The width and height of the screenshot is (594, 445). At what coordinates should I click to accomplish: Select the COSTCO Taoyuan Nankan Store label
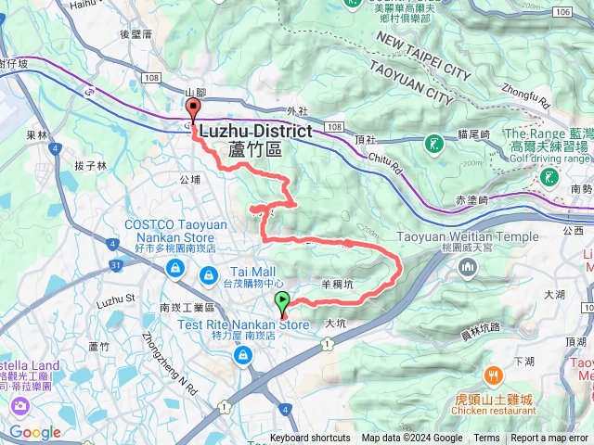173,231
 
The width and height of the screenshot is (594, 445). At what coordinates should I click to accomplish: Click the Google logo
35,432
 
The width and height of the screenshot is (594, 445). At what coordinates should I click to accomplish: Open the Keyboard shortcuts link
310,439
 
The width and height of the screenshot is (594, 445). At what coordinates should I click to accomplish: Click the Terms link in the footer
486,439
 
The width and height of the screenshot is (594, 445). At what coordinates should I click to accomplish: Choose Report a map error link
550,439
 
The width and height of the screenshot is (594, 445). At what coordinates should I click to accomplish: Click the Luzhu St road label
116,300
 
